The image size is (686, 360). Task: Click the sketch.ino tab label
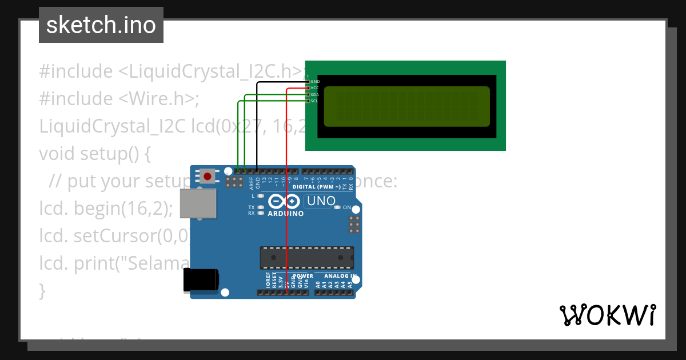point(101,25)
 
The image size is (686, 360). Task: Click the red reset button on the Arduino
point(207,176)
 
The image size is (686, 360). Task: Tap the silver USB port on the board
point(198,203)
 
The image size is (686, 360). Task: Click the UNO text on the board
point(321,201)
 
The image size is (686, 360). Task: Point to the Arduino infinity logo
point(284,202)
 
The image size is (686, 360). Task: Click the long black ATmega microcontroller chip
point(307,258)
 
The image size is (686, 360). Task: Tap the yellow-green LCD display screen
point(407,106)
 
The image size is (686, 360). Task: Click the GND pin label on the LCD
point(315,82)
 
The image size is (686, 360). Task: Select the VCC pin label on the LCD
point(315,88)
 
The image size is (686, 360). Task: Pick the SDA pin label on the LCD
point(315,94)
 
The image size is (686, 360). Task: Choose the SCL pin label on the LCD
point(315,101)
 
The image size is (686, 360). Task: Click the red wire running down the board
point(286,229)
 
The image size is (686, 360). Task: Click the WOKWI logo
point(607,315)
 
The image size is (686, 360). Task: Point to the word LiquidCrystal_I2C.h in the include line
point(210,71)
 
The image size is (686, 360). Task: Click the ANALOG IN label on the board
point(341,276)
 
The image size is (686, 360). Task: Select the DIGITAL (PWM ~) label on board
point(317,187)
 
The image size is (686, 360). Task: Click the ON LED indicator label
point(347,207)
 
